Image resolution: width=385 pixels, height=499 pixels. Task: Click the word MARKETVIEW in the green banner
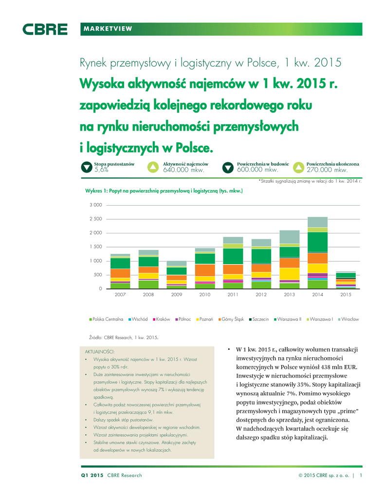coord(109,29)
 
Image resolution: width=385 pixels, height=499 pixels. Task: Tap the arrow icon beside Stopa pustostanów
coord(86,168)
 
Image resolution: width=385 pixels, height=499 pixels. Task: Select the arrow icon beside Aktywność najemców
coord(153,168)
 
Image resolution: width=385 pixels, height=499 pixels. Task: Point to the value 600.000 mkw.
coord(257,171)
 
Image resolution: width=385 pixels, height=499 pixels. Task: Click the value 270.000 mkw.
coord(328,171)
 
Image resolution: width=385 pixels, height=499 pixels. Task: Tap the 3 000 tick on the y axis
coord(95,205)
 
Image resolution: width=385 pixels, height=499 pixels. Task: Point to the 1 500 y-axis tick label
coord(95,247)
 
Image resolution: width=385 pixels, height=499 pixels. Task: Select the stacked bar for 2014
coord(317,252)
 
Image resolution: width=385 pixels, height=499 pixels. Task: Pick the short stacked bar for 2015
coord(346,280)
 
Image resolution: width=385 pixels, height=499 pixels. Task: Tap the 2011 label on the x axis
coord(233,295)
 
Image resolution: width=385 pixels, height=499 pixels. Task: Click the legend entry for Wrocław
coord(348,319)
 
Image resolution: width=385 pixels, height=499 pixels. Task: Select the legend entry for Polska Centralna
coord(106,319)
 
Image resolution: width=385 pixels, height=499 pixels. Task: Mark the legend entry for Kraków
coord(161,319)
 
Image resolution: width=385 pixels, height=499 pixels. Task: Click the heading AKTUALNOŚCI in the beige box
coord(100,351)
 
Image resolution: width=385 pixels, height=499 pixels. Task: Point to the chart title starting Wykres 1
coord(164,191)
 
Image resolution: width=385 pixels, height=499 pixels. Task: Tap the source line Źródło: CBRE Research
coord(124,337)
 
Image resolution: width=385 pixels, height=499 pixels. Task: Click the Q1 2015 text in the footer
coord(92,475)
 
